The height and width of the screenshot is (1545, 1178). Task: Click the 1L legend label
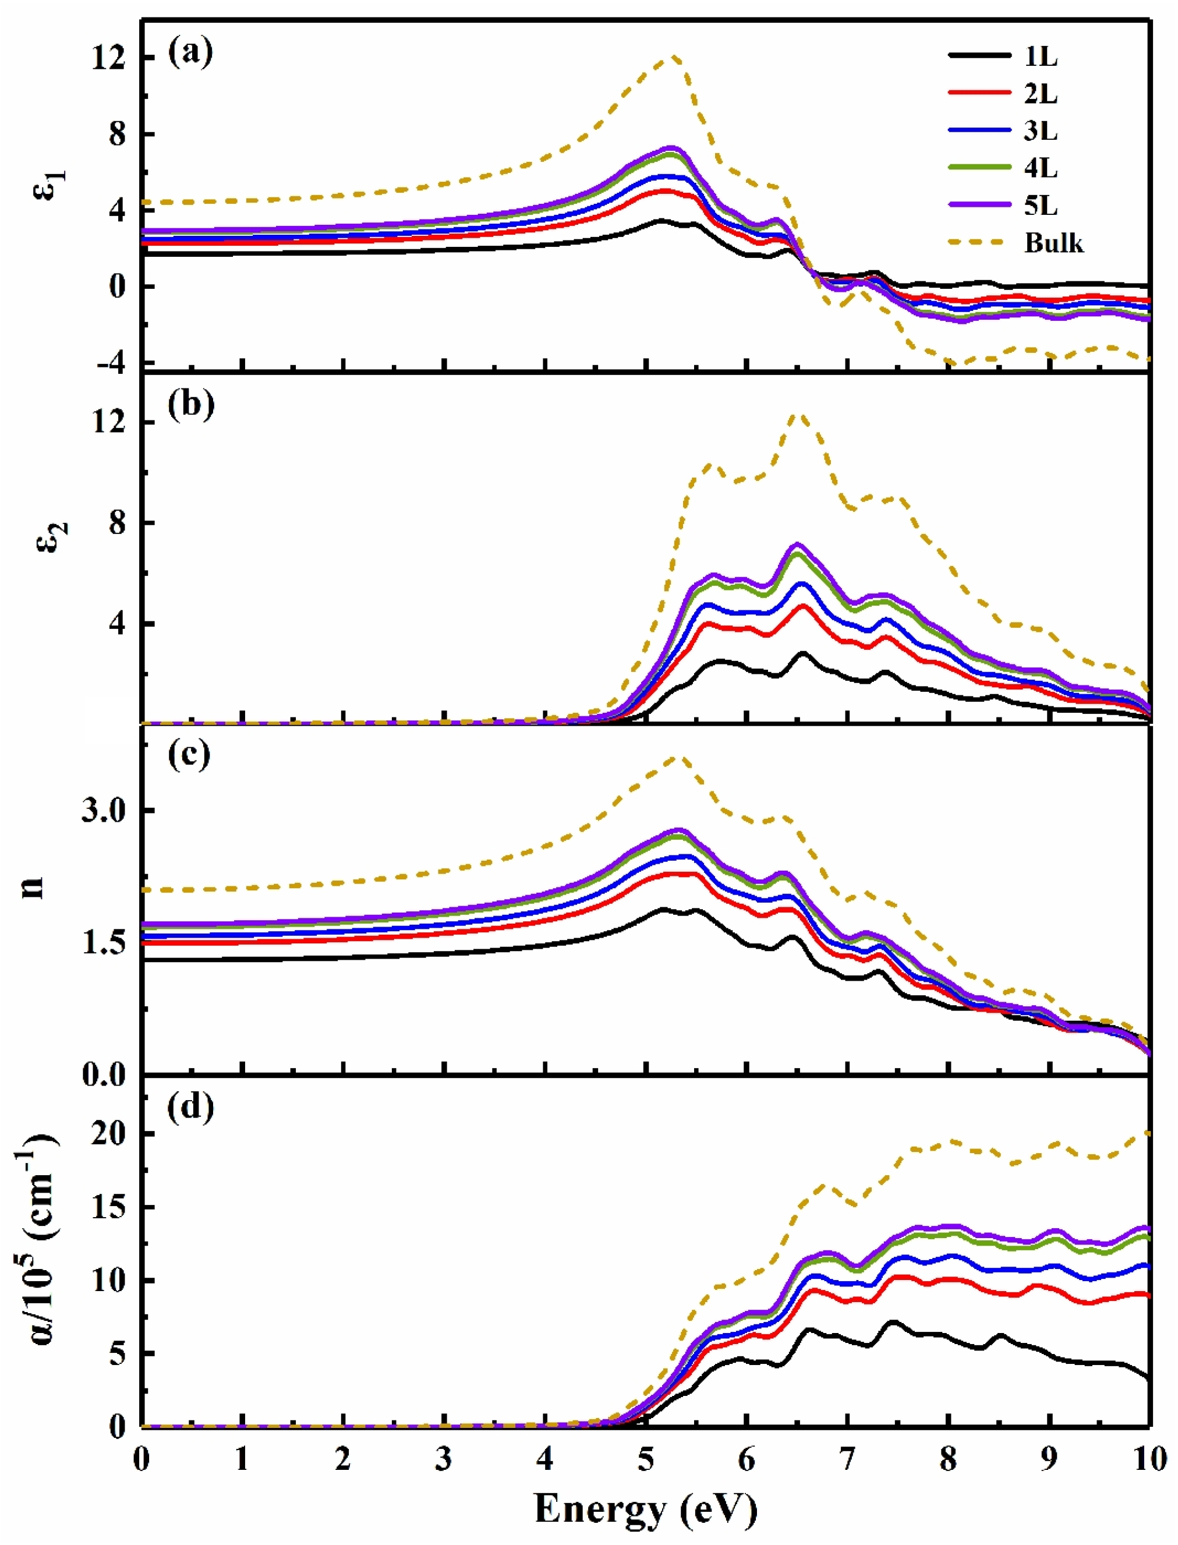(1041, 57)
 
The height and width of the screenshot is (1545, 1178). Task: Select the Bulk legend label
(1054, 243)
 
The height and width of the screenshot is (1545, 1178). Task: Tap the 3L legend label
(1041, 131)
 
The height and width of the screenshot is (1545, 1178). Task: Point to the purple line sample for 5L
(979, 206)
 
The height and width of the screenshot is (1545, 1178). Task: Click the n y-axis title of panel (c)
(33, 886)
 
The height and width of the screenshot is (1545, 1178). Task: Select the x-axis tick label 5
(646, 1459)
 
